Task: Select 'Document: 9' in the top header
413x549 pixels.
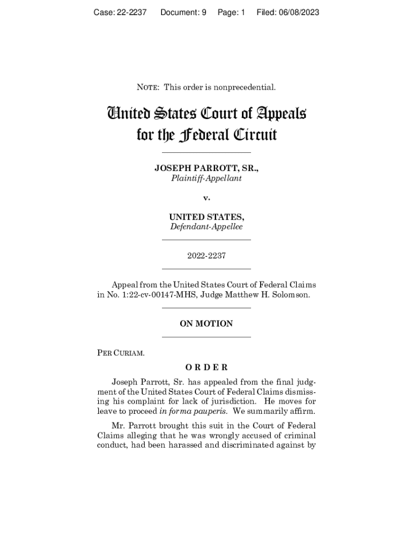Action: pos(183,12)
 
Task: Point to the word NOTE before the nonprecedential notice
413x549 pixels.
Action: pos(147,87)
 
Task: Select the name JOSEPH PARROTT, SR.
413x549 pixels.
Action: pos(206,168)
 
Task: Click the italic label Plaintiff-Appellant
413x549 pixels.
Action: pos(206,178)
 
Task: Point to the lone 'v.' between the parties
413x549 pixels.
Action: pos(206,198)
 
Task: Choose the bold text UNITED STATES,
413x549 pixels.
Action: pos(206,217)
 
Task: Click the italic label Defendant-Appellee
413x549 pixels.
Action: pos(206,227)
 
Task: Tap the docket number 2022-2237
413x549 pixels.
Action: pos(206,256)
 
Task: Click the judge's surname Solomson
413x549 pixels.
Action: pos(293,294)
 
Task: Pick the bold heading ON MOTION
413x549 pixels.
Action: pos(206,323)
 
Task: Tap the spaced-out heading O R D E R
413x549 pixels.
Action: pos(206,367)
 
